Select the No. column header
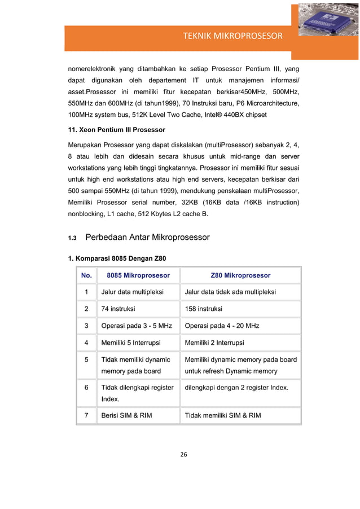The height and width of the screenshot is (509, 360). click(x=86, y=275)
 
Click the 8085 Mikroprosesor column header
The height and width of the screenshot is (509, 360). click(x=138, y=275)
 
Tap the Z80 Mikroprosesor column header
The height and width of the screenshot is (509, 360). click(x=240, y=275)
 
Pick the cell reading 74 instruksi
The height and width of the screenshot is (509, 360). click(x=117, y=309)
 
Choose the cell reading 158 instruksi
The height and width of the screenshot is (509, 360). click(x=204, y=309)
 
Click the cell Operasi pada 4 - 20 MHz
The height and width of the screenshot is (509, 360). click(x=222, y=326)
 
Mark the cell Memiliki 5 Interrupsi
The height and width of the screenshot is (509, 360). click(x=130, y=343)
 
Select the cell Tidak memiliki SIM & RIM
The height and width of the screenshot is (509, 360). click(x=223, y=416)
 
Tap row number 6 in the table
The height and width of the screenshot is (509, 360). click(x=86, y=388)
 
